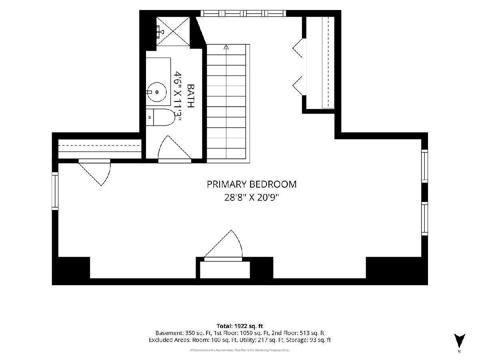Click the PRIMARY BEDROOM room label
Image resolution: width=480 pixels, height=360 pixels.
[252, 184]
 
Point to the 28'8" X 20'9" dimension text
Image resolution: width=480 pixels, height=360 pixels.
[252, 198]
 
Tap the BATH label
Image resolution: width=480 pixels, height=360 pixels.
[191, 96]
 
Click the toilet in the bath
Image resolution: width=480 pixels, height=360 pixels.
[161, 117]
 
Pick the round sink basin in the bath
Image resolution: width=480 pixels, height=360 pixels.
[156, 92]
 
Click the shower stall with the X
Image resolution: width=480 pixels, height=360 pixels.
[173, 31]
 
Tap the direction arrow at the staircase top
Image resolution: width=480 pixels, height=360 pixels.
[226, 47]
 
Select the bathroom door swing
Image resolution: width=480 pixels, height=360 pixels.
[174, 149]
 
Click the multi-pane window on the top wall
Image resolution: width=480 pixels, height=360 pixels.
[243, 13]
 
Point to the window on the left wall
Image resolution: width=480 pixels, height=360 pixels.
[55, 191]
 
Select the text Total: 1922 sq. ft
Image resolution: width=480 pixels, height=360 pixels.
[240, 326]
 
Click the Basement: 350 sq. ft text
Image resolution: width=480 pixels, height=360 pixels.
[184, 333]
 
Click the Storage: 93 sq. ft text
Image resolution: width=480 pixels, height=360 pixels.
[308, 340]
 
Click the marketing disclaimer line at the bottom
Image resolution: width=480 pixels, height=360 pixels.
[240, 350]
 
